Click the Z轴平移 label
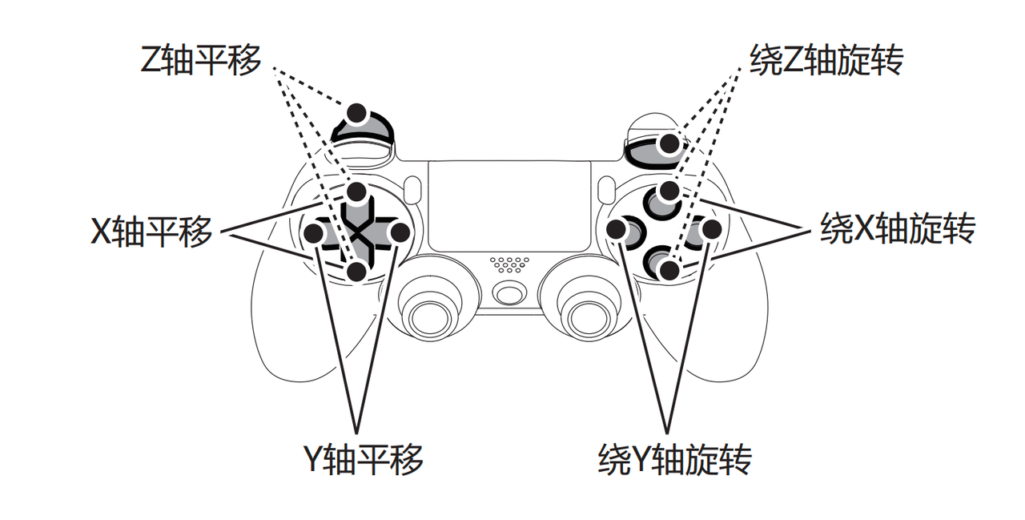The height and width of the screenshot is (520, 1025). tap(200, 60)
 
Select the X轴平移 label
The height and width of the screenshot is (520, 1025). tap(151, 232)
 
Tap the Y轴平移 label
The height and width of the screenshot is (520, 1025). tap(363, 458)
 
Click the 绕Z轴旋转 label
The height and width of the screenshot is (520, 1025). tap(826, 60)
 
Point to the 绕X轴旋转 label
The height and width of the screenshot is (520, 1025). tap(898, 228)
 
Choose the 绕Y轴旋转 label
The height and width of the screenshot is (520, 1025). tap(675, 458)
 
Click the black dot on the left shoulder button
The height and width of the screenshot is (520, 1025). tap(357, 113)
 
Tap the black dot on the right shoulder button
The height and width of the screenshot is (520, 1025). tap(669, 143)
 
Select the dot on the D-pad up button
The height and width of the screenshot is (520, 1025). tap(356, 191)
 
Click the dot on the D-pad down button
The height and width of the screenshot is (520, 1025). tap(357, 272)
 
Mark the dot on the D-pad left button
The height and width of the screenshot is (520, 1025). tap(314, 233)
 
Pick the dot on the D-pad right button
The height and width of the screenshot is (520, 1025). tap(400, 232)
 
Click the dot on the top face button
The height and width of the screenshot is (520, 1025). tap(669, 191)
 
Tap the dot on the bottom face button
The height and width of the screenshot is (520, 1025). tap(669, 270)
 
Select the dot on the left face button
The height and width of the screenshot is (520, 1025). tap(617, 229)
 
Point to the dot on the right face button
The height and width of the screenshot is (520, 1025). tap(712, 229)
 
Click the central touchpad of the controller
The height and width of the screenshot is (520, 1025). tap(509, 206)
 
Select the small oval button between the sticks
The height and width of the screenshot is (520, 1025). tap(508, 294)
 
